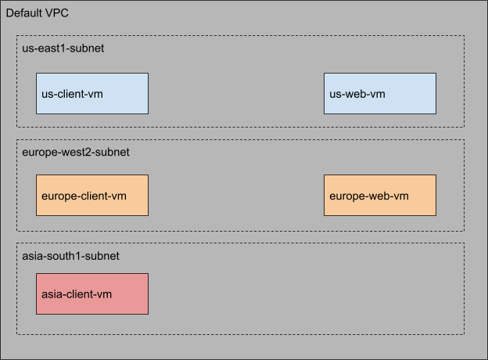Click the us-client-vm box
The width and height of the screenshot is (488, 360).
[x=92, y=94]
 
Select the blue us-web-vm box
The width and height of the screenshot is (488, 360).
[x=380, y=94]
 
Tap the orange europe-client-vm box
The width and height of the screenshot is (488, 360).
[x=92, y=195]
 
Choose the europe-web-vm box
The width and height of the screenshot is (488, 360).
[x=380, y=195]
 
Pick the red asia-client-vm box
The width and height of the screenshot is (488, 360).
[x=92, y=293]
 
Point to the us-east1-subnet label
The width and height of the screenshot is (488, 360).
[x=63, y=49]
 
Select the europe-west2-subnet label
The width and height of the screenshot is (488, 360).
[x=76, y=152]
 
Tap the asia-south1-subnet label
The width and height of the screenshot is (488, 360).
[x=70, y=256]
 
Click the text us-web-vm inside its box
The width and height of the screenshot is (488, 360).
[x=357, y=95]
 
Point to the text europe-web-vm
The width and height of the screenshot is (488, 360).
[x=369, y=196]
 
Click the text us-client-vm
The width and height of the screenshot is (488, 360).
[x=73, y=95]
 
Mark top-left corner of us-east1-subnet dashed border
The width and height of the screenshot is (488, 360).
[x=17, y=35]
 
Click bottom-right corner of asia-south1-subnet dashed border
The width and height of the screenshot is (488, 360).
[x=465, y=334]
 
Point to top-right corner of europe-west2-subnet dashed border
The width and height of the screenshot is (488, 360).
[x=465, y=140]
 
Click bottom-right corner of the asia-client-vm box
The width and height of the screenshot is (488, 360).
[x=148, y=314]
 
